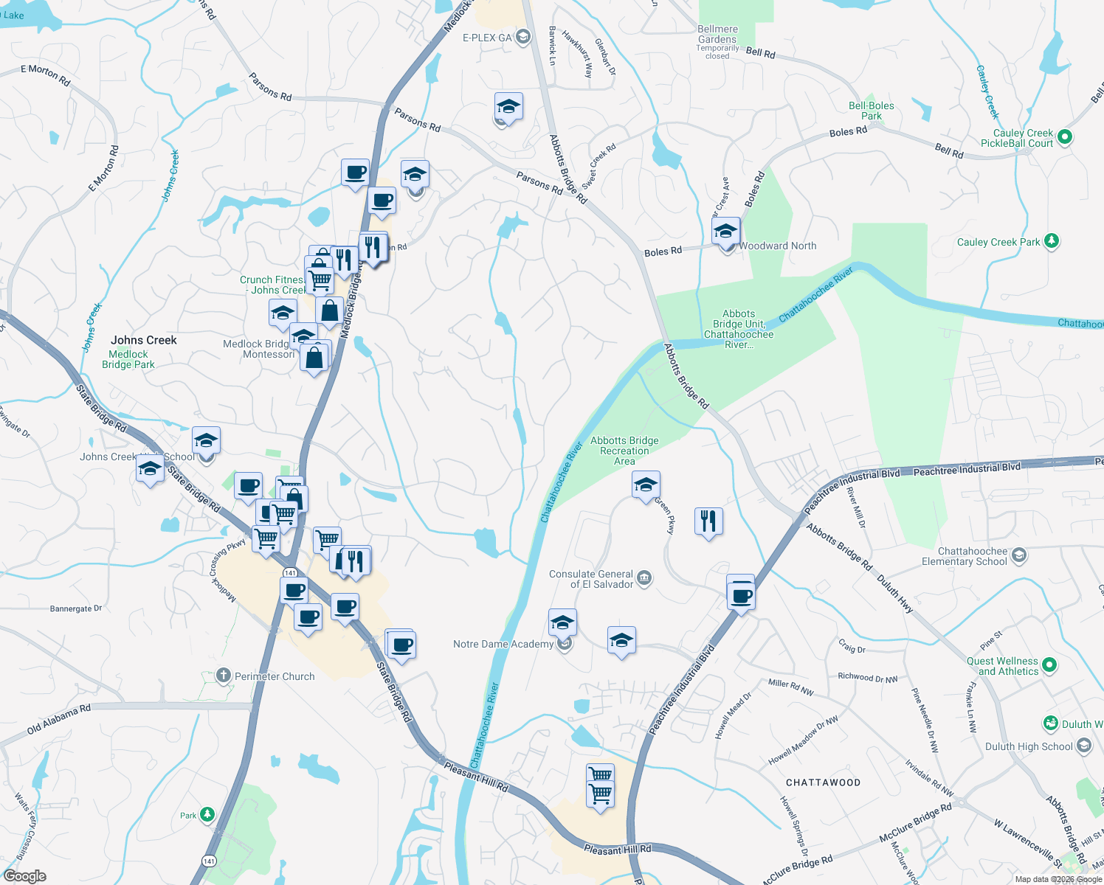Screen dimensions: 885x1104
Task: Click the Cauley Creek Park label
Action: click(998, 242)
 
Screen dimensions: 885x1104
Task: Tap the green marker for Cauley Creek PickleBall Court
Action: click(1064, 136)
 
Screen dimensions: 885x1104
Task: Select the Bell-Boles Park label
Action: click(871, 111)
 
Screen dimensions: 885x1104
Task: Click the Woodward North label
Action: click(778, 246)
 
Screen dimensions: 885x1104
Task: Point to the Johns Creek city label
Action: click(144, 340)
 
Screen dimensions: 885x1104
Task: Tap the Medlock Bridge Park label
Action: click(128, 359)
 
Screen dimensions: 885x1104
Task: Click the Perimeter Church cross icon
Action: click(224, 676)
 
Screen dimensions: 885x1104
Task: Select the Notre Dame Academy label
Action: click(503, 644)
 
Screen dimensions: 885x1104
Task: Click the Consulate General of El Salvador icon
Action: click(644, 577)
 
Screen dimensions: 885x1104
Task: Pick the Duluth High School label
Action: click(1029, 746)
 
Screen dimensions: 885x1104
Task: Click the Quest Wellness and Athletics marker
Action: click(1049, 664)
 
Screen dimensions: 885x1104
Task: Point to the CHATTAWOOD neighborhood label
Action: click(823, 782)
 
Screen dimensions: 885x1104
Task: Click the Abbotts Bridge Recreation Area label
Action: click(624, 451)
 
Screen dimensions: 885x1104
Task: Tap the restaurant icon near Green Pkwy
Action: click(708, 521)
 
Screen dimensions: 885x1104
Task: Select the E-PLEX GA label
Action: click(487, 38)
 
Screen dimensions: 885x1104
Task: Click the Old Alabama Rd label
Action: click(58, 719)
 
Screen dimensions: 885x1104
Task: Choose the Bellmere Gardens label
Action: click(717, 35)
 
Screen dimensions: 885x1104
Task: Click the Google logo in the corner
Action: click(24, 876)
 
